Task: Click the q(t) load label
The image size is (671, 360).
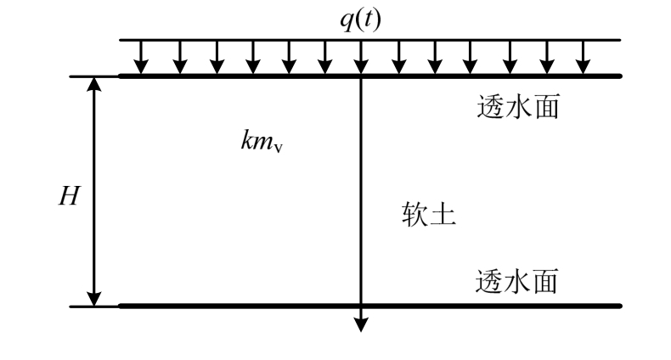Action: click(x=360, y=19)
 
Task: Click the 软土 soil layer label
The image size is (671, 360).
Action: click(x=429, y=216)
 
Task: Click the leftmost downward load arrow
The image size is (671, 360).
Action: click(x=142, y=58)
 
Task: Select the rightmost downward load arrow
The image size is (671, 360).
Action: click(x=583, y=58)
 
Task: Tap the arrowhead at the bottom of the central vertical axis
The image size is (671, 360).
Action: click(x=361, y=323)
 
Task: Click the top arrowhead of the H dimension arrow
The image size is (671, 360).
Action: click(x=94, y=85)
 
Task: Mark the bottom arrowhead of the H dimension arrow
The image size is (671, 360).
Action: click(x=94, y=297)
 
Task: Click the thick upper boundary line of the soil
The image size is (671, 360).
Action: click(x=255, y=76)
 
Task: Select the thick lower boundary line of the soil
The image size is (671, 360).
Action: click(x=255, y=305)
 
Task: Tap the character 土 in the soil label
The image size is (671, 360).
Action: click(x=443, y=216)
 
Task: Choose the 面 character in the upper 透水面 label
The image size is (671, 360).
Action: click(x=544, y=109)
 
